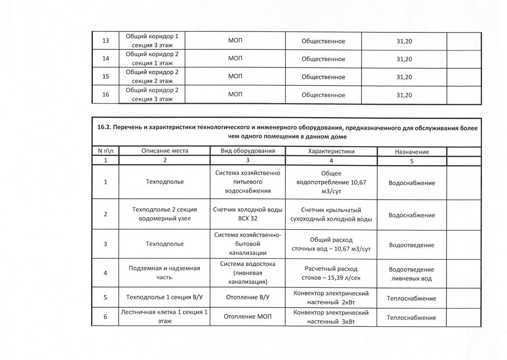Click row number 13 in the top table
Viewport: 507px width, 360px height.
coord(106,41)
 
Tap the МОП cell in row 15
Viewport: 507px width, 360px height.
coord(235,77)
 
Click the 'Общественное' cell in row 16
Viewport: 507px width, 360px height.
coord(324,95)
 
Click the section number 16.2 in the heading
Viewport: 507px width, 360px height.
coord(103,128)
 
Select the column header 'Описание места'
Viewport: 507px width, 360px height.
coord(165,151)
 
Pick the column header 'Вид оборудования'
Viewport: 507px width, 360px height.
coord(248,151)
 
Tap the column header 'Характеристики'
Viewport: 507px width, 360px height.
coord(331,151)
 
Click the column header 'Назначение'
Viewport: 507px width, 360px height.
coord(412,151)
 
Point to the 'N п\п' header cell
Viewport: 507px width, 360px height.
coord(106,151)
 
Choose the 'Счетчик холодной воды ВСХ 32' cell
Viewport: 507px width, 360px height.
coord(248,214)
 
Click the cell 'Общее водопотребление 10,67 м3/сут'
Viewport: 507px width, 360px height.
coord(331,183)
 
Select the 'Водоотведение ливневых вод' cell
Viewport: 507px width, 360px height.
coord(412,274)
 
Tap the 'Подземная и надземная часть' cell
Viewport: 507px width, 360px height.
coord(165,273)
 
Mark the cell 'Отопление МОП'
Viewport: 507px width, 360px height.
coord(248,317)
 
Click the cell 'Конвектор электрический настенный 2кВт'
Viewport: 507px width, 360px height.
coord(331,297)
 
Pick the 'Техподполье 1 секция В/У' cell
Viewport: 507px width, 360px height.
coord(165,298)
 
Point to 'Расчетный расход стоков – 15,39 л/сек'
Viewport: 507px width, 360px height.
coord(331,273)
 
